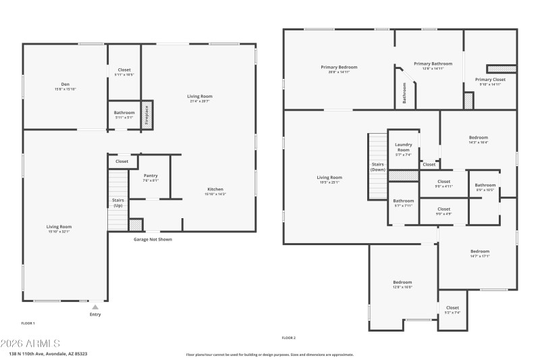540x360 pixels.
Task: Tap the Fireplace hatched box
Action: [x=146, y=113]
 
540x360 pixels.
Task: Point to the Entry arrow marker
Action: [x=95, y=307]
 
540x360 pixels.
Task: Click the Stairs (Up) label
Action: [x=117, y=202]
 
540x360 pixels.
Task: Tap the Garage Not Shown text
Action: [x=153, y=238]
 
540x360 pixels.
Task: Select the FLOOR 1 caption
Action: [x=28, y=323]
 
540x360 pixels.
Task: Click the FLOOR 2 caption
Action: [x=288, y=337]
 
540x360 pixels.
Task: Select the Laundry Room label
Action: [x=404, y=147]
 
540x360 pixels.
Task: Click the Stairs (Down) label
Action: [x=378, y=166]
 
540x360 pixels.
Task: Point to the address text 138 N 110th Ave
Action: [x=48, y=353]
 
